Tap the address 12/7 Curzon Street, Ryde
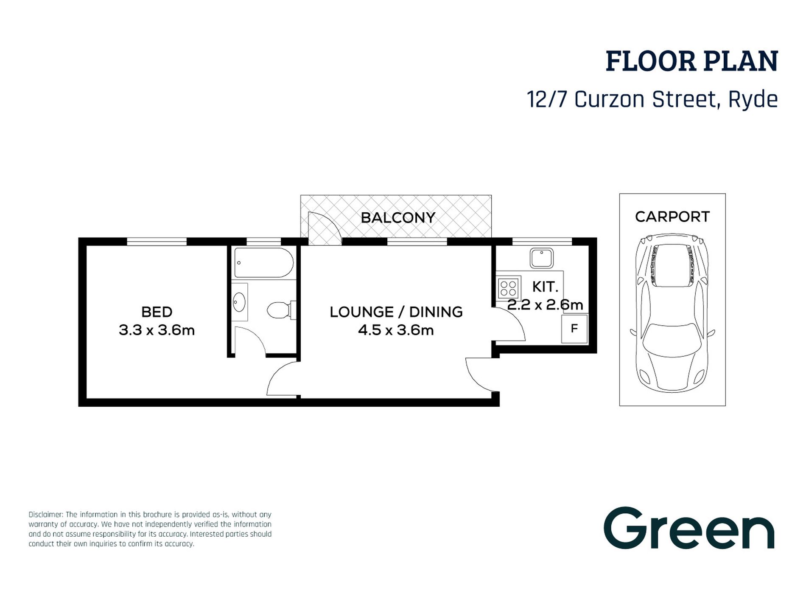pyautogui.click(x=652, y=100)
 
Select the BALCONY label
pyautogui.click(x=398, y=218)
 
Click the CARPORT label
pyautogui.click(x=672, y=217)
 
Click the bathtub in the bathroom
pyautogui.click(x=263, y=263)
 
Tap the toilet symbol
pyautogui.click(x=281, y=310)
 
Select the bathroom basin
pyautogui.click(x=239, y=302)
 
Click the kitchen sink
pyautogui.click(x=542, y=258)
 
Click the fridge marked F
pyautogui.click(x=574, y=329)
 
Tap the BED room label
pyautogui.click(x=157, y=312)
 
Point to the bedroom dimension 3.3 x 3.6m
pyautogui.click(x=157, y=330)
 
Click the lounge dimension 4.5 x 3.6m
pyautogui.click(x=396, y=330)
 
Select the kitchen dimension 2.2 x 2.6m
pyautogui.click(x=545, y=305)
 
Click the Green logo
pyautogui.click(x=689, y=528)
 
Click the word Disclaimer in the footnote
pyautogui.click(x=46, y=515)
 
